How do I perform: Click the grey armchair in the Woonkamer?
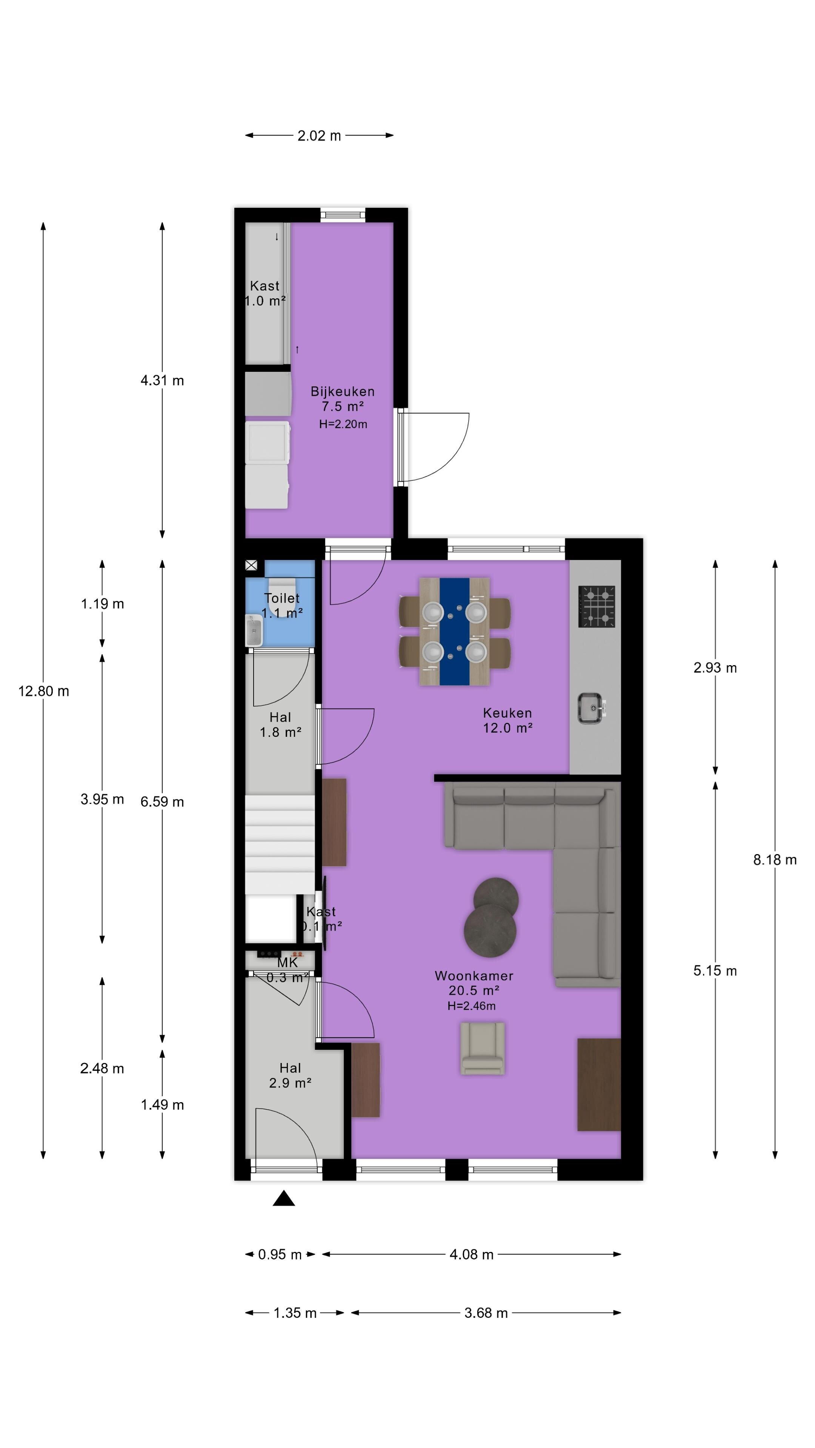[482, 1048]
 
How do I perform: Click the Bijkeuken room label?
[343, 391]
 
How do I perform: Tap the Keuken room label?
[507, 713]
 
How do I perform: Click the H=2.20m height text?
[343, 424]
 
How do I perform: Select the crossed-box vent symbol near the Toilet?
[251, 566]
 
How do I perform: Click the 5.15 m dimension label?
[715, 971]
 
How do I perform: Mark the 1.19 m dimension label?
[102, 604]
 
